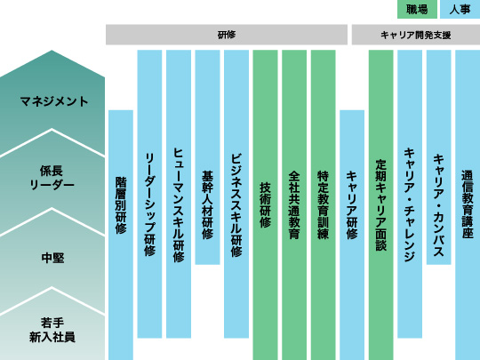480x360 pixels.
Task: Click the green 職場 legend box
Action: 417,9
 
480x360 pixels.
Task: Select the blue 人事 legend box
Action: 460,9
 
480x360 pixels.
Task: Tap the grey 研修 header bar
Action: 227,35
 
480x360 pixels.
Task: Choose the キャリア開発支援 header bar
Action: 416,35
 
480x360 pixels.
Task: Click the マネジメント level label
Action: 54,101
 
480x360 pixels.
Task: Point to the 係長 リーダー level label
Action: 52,178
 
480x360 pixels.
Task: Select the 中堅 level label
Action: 52,258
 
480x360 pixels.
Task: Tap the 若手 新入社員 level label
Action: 52,330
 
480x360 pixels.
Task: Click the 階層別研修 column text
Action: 121,205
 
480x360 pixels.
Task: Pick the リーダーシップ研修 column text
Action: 149,204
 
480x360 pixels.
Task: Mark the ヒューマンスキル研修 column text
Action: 179,205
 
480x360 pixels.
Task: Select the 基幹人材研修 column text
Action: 207,204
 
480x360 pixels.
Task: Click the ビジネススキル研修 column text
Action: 236,205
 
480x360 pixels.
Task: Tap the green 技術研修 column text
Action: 265,205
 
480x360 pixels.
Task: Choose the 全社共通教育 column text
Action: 294,204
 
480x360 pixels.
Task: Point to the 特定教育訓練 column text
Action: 323,204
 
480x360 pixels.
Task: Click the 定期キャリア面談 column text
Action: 380,205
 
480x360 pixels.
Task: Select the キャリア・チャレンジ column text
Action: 410,205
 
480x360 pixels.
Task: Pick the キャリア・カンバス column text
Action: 439,205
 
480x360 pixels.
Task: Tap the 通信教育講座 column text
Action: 468,204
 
